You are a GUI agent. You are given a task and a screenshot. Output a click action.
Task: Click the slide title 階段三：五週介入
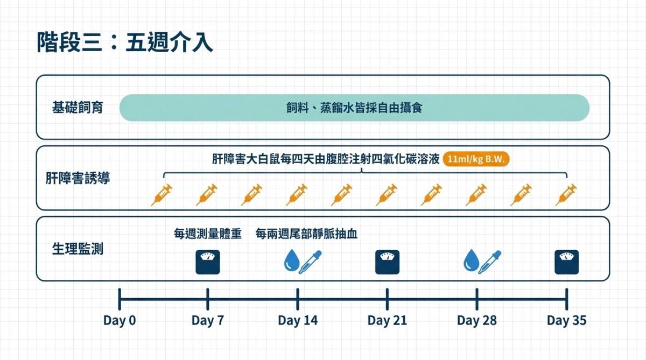[x=125, y=43]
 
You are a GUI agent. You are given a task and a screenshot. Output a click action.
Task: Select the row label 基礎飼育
[x=78, y=108]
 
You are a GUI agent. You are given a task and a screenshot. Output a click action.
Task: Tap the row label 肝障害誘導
[x=78, y=178]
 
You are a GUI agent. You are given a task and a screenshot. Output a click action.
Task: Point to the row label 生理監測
[x=78, y=249]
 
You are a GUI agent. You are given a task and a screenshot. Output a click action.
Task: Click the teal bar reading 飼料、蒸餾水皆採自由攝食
[x=354, y=108]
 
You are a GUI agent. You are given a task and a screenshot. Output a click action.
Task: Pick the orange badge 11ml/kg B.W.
[x=476, y=160]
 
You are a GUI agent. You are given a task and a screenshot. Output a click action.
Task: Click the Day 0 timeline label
[x=120, y=321]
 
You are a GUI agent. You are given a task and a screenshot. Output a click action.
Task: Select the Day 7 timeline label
[x=208, y=321]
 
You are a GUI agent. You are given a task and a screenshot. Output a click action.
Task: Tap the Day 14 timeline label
[x=298, y=321]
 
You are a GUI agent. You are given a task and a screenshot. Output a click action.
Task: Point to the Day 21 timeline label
[x=387, y=321]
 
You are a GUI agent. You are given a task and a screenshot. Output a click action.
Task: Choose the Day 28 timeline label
[x=477, y=321]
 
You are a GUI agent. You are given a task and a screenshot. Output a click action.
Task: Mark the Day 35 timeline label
[x=566, y=321]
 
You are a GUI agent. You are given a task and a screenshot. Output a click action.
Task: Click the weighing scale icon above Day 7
[x=207, y=262]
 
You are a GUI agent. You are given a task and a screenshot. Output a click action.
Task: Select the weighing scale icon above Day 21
[x=387, y=262]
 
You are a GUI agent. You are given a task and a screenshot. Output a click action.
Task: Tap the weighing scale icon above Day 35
[x=567, y=262]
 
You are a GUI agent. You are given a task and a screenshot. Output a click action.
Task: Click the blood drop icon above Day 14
[x=291, y=261]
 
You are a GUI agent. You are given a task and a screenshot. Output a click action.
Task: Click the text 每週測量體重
[x=208, y=234]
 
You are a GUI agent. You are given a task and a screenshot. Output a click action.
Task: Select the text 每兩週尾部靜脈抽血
[x=307, y=234]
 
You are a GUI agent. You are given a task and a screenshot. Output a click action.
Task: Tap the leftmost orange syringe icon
[x=161, y=194]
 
